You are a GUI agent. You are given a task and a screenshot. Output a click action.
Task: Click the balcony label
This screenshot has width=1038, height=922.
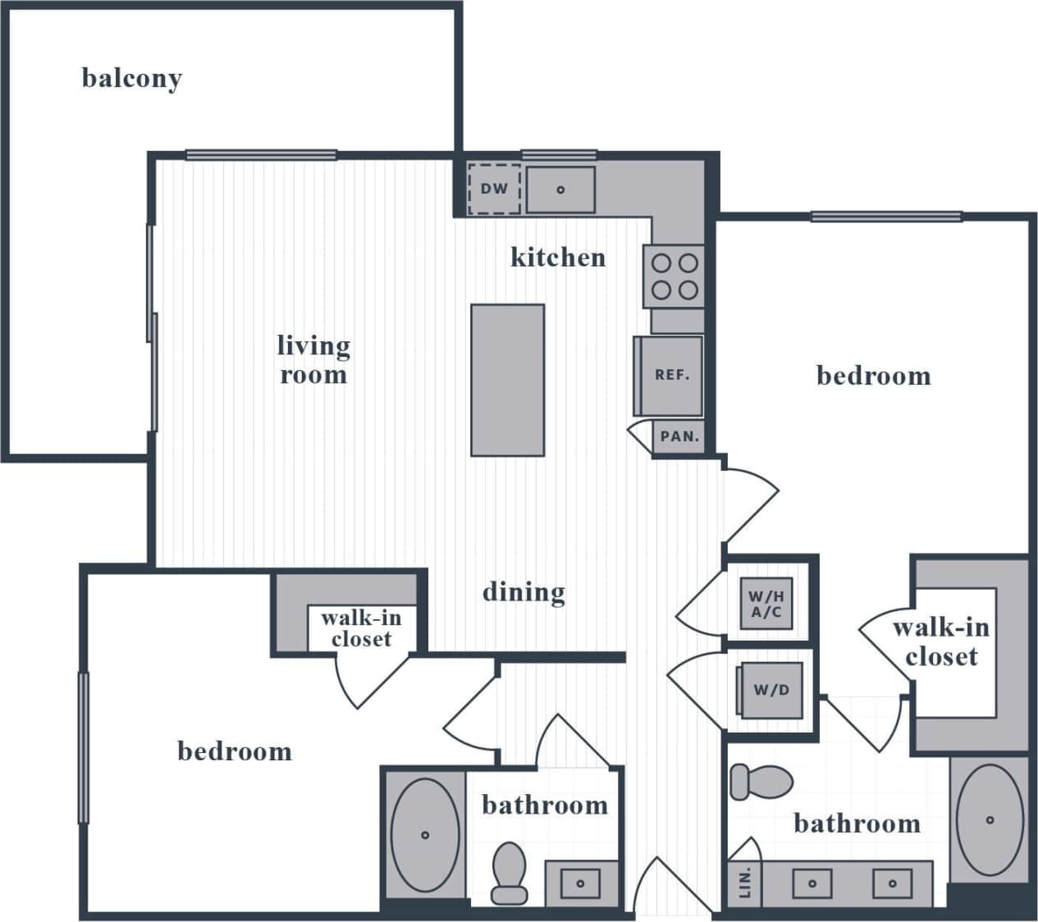click(x=131, y=79)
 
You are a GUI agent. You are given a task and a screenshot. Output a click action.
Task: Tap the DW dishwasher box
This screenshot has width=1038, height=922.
click(x=494, y=189)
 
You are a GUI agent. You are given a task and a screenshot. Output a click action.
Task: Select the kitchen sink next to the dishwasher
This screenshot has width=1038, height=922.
click(x=560, y=189)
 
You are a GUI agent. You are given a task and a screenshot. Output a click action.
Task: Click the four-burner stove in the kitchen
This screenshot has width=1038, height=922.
click(x=674, y=276)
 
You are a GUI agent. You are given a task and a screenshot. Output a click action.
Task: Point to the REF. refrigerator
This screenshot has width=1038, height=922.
click(x=671, y=376)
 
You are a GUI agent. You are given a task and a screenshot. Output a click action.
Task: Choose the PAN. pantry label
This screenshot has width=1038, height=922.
click(x=679, y=437)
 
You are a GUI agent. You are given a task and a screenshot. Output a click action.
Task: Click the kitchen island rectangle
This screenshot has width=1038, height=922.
click(x=507, y=380)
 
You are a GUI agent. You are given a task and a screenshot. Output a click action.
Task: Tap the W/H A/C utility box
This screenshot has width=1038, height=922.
click(x=766, y=605)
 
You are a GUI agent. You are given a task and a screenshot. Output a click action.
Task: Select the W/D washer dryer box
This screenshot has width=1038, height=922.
click(x=770, y=690)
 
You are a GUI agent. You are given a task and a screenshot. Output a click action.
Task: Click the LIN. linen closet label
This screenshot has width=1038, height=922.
click(x=745, y=884)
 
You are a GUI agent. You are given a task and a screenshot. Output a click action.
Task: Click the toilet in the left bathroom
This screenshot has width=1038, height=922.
click(x=510, y=873)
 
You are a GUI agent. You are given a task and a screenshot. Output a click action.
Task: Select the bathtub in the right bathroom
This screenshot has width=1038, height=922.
click(x=990, y=820)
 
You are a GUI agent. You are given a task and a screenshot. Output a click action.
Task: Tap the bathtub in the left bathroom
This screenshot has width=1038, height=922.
click(x=425, y=835)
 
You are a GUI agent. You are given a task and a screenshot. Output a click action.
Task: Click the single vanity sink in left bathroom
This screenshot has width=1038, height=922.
click(x=580, y=883)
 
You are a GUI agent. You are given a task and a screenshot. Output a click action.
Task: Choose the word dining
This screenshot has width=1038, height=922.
click(x=524, y=591)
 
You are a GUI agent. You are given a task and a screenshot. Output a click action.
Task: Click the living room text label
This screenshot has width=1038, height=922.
click(x=313, y=359)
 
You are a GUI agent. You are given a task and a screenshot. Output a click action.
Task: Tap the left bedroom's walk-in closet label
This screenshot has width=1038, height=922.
click(x=361, y=628)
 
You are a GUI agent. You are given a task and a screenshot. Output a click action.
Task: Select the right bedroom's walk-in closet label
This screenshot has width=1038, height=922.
click(x=941, y=641)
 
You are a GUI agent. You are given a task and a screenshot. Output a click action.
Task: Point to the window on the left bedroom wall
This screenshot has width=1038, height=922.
click(x=83, y=747)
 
